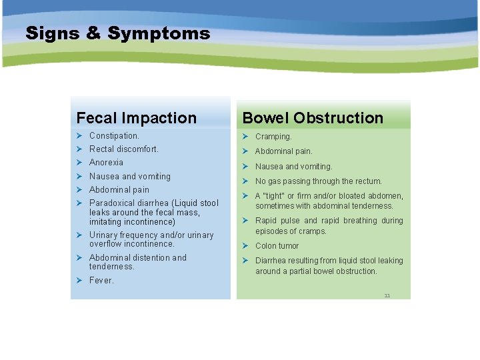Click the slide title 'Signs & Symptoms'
point(117,33)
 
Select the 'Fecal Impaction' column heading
point(137,118)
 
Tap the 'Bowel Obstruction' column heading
point(313,118)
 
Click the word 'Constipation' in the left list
point(113,136)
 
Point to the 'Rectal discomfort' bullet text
point(124,149)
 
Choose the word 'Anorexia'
point(106,163)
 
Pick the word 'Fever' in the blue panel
point(101,281)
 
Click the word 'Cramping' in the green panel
point(273,137)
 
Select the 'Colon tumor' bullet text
point(277,246)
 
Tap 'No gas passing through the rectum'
point(318,181)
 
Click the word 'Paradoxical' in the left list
point(111,203)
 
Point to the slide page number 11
point(387,295)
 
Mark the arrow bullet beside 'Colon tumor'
point(245,246)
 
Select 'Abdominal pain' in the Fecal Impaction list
point(119,190)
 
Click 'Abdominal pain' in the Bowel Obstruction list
point(283,151)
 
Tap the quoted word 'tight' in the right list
point(273,196)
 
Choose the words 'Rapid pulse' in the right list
point(276,221)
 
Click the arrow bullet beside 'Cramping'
point(245,137)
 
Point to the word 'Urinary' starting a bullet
point(103,235)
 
